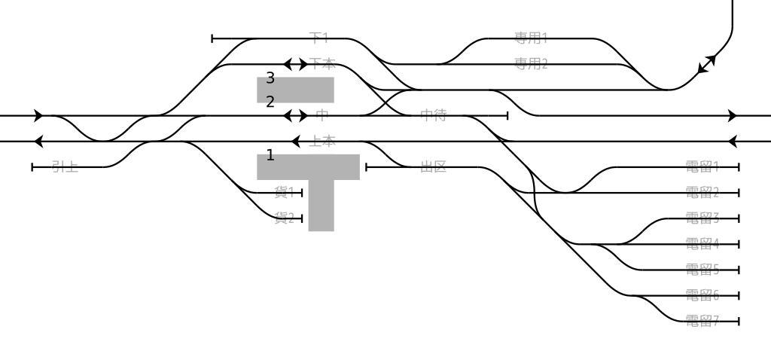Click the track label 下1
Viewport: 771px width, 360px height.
319,38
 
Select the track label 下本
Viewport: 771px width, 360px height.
322,64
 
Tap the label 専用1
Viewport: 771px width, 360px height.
531,38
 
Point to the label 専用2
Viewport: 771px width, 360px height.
531,64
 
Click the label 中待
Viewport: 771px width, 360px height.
433,115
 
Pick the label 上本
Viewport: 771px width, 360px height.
322,141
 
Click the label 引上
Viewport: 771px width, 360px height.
65,166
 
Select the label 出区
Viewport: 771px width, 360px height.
433,166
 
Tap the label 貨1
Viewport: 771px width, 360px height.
284,192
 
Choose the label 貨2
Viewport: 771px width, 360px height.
284,218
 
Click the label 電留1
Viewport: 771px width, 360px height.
702,166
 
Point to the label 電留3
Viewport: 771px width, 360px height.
702,218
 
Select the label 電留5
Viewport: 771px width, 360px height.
702,269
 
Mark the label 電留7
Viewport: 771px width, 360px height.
702,321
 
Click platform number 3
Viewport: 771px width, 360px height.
270,78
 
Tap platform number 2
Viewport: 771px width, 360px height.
270,102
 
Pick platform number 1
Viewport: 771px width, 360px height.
270,156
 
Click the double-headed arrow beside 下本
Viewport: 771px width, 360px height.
295,64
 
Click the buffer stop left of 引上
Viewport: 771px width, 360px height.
32,166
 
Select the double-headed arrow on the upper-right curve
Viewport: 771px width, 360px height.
707,64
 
